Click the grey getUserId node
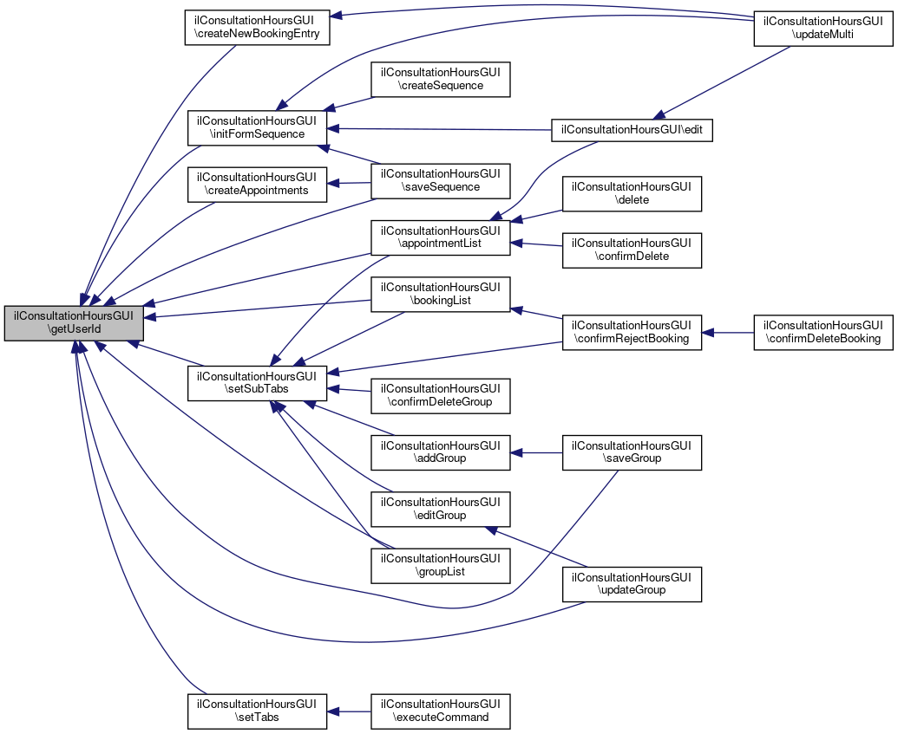click(74, 323)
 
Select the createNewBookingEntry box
click(258, 27)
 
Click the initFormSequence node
click(258, 127)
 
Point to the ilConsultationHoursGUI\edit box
click(632, 129)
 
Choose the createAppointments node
click(258, 183)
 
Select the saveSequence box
click(441, 179)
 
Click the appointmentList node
click(441, 237)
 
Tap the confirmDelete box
click(632, 249)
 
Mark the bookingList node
click(441, 295)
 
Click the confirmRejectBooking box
click(632, 331)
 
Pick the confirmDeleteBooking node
click(823, 331)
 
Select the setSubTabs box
click(258, 382)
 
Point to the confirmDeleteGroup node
click(441, 394)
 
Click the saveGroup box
click(632, 451)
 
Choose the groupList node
click(441, 565)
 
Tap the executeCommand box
click(441, 711)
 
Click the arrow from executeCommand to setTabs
click(350, 711)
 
